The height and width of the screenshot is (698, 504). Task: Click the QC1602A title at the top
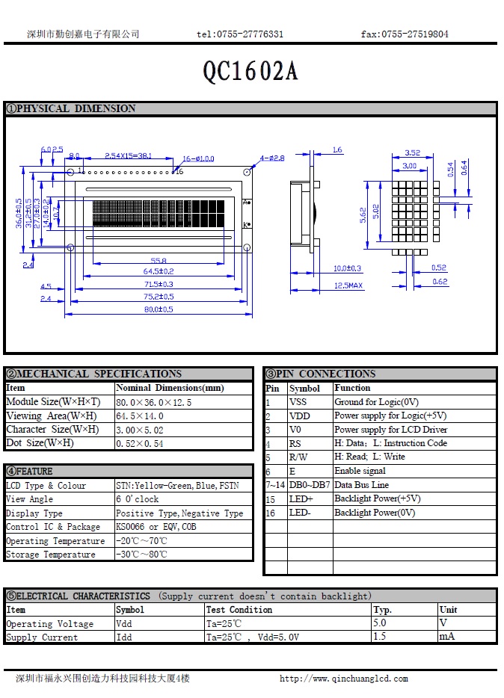click(x=251, y=71)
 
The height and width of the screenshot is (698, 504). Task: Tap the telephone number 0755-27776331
click(x=240, y=34)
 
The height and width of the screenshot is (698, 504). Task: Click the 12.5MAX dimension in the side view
click(x=348, y=285)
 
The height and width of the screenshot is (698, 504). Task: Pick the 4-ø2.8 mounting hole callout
click(x=272, y=158)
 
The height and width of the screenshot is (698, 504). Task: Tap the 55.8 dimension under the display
click(x=159, y=260)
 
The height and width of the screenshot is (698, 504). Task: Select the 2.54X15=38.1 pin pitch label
click(x=128, y=155)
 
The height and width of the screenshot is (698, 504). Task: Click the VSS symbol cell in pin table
click(x=298, y=402)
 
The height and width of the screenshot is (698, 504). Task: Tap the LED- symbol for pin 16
click(x=300, y=513)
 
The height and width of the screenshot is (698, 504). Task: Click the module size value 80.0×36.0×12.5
click(x=153, y=402)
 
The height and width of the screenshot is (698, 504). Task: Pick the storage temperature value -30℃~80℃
click(x=141, y=555)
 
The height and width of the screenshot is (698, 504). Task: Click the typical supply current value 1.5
click(x=381, y=637)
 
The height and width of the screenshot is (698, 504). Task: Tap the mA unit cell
click(x=446, y=637)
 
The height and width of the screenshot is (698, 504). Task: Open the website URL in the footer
click(x=343, y=679)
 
